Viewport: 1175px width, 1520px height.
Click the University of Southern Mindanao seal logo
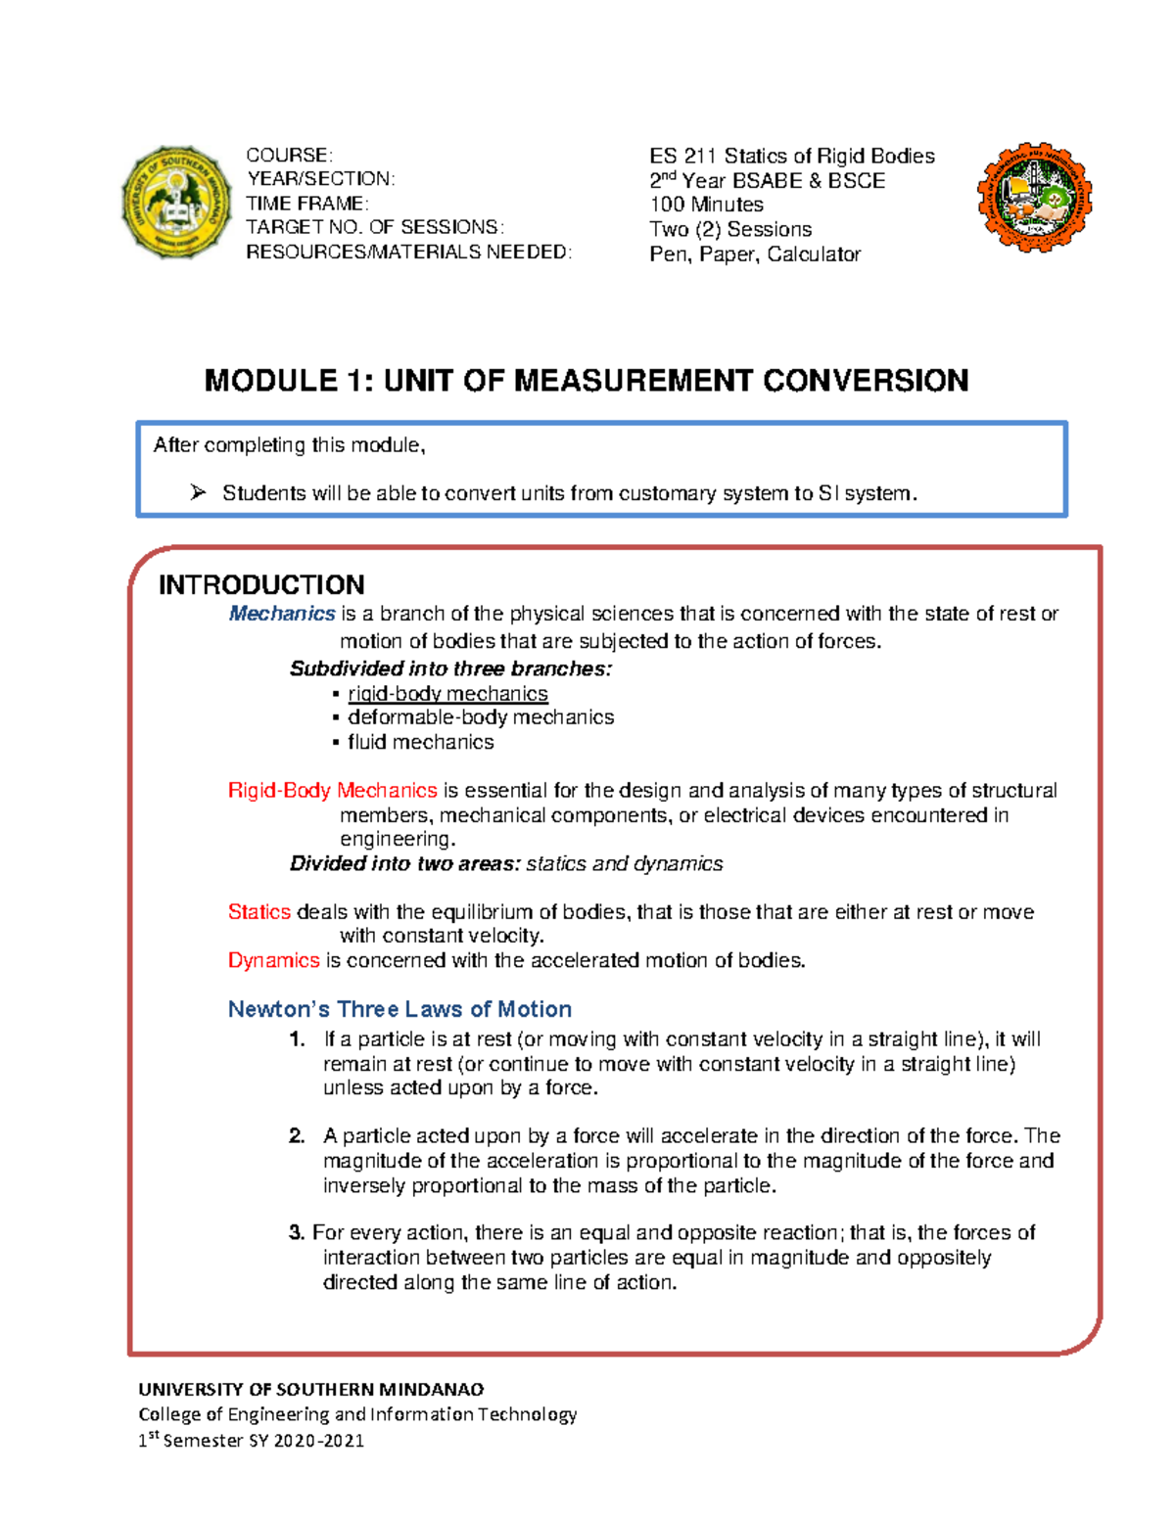click(x=176, y=203)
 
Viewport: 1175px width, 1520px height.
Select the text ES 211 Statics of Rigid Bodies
click(x=791, y=156)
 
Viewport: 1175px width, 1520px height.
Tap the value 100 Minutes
click(x=706, y=205)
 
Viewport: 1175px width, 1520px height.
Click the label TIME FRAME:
click(x=306, y=204)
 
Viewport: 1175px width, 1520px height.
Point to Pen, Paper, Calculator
click(x=754, y=254)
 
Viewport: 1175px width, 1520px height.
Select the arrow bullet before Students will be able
click(x=199, y=493)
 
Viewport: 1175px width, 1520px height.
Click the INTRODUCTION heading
click(x=261, y=585)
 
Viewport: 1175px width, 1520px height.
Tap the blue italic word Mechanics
click(x=282, y=614)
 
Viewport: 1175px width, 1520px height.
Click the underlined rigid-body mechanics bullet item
click(x=447, y=694)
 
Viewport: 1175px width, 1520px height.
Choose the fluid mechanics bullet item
click(x=420, y=742)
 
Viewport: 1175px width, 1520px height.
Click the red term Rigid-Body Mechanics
click(x=332, y=791)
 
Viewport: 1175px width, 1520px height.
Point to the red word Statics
click(x=258, y=912)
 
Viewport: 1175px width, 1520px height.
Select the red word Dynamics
click(x=273, y=960)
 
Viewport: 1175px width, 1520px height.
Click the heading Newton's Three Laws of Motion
click(x=399, y=1009)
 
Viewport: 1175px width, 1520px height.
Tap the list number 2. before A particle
click(x=297, y=1136)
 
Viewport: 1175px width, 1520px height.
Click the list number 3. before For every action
click(x=297, y=1233)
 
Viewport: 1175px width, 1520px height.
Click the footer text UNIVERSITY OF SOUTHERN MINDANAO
click(x=310, y=1389)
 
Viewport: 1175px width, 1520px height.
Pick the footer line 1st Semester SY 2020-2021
click(x=251, y=1440)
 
